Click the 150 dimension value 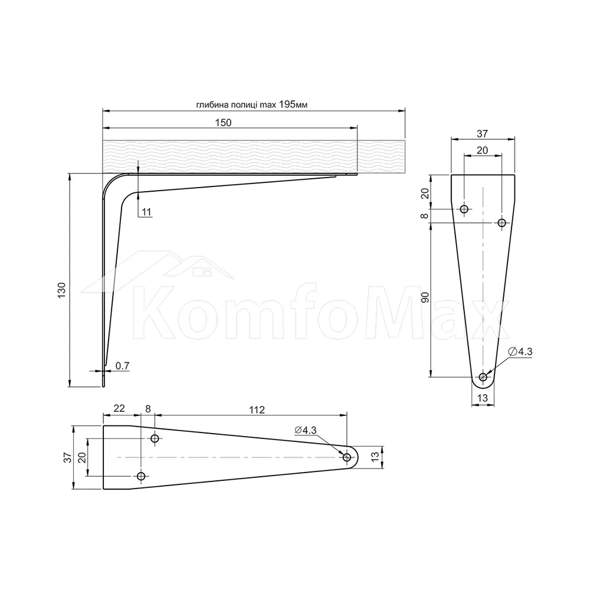(x=223, y=123)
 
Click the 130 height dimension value (x=61, y=290)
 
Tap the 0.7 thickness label (x=122, y=365)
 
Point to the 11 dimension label (x=146, y=212)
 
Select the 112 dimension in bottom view (x=257, y=410)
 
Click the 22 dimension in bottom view (x=119, y=408)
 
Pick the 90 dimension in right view (x=425, y=297)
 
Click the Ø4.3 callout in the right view (x=520, y=352)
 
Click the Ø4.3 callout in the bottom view (x=306, y=430)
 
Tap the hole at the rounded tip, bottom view (x=347, y=458)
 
